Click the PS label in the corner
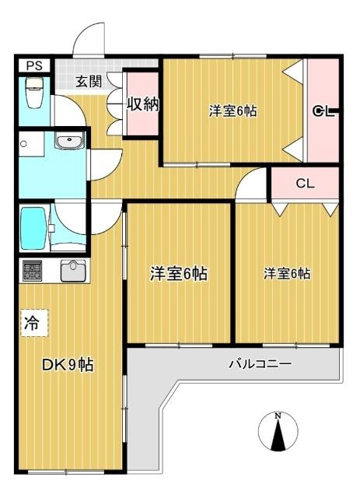33,65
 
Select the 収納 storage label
143,104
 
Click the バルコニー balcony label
260,363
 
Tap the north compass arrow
278,436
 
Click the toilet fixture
33,93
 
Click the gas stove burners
33,271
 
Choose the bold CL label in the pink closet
323,111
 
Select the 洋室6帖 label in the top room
232,111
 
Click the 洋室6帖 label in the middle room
178,274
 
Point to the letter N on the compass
278,416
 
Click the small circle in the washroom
25,144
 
